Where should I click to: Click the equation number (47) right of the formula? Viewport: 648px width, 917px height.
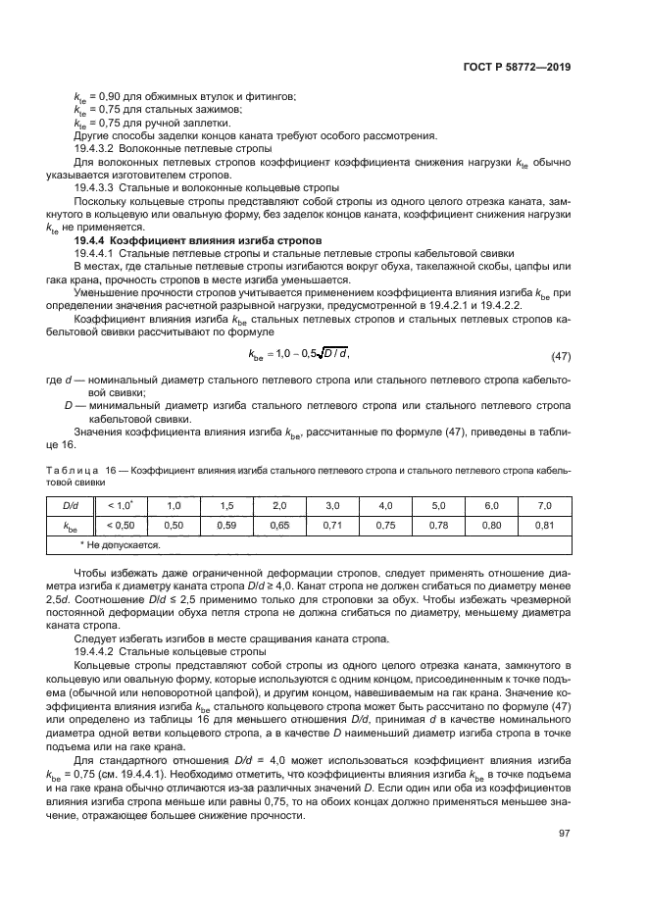coord(561,353)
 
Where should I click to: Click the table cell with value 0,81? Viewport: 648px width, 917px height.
coord(546,525)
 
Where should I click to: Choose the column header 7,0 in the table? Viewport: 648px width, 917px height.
coord(546,505)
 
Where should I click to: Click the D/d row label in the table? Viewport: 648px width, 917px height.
coord(71,505)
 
